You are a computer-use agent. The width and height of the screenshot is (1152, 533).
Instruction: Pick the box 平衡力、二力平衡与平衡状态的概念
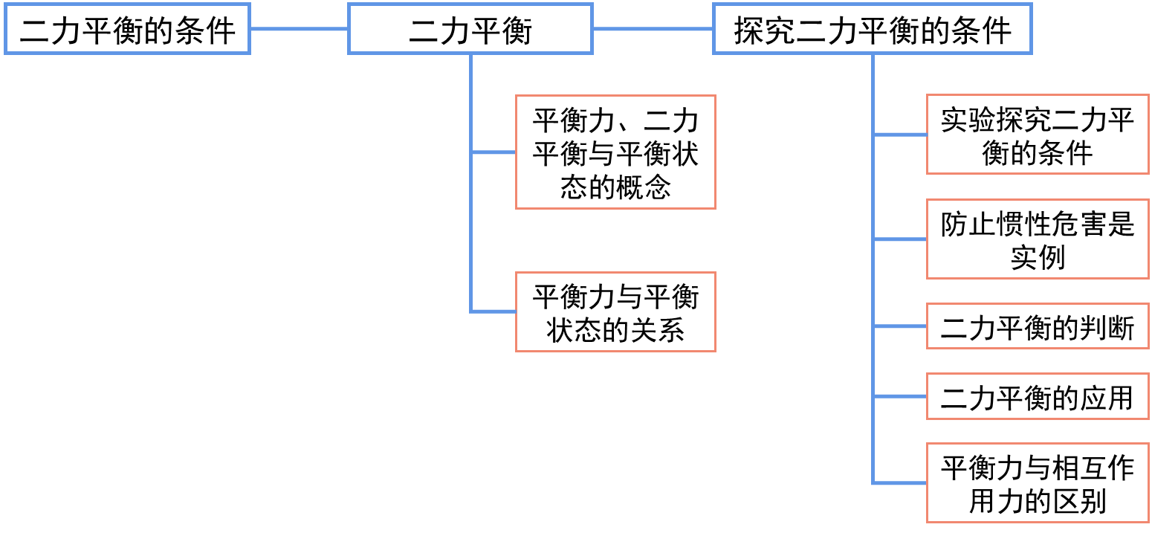coord(615,152)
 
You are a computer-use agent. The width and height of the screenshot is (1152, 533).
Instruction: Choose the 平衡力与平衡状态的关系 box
coord(615,311)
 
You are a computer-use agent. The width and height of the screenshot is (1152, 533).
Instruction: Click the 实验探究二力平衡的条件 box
coord(1038,135)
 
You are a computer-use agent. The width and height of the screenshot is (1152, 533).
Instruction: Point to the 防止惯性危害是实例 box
coord(1038,239)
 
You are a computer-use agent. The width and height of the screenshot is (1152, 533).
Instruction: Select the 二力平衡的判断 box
coord(1038,326)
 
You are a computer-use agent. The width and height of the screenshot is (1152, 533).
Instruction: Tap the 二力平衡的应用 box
coord(1038,396)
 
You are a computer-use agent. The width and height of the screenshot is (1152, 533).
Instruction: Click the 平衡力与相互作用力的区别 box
coord(1038,483)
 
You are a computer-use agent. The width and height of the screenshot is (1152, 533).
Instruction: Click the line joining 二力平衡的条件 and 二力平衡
coord(299,30)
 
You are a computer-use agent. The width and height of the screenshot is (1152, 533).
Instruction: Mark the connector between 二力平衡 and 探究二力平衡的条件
coord(653,30)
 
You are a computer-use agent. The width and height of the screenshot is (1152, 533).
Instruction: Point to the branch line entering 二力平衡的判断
coord(900,326)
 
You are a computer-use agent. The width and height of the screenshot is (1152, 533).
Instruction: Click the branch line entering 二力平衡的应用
coord(900,396)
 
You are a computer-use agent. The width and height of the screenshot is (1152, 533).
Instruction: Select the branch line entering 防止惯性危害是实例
coord(900,239)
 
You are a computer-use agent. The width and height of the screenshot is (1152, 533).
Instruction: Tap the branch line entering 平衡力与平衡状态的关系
coord(494,311)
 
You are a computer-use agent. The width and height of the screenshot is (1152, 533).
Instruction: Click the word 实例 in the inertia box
coord(1038,258)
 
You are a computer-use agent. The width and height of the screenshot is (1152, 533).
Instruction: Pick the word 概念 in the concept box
coord(644,187)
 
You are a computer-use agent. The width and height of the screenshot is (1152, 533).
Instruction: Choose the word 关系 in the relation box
coord(656,329)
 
